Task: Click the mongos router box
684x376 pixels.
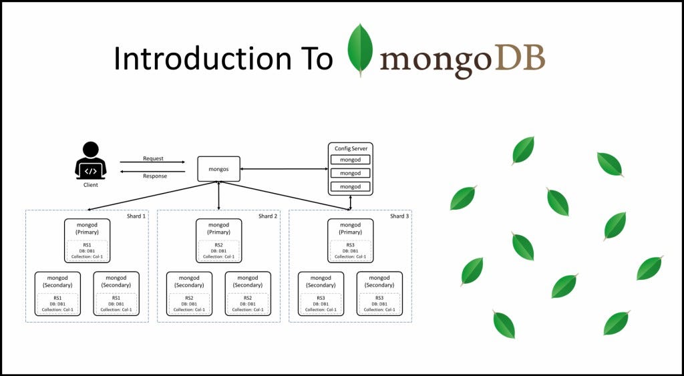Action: pos(218,169)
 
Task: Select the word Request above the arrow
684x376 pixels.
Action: pos(153,159)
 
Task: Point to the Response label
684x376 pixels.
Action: pos(155,176)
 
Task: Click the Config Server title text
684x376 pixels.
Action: pos(350,148)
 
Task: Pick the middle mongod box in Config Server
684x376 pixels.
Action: pos(350,173)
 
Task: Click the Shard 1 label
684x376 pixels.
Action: pos(136,216)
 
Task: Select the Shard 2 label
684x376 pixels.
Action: pos(268,216)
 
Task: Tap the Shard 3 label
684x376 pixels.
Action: pos(399,216)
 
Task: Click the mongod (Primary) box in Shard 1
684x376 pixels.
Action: pos(87,228)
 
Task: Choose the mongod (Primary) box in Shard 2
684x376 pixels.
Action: pos(218,228)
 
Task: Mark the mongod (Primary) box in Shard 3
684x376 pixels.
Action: pos(350,228)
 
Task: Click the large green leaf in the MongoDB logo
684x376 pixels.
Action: pos(360,50)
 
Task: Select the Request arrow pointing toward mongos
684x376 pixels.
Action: pos(152,162)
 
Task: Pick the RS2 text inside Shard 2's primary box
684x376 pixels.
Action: pos(218,245)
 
